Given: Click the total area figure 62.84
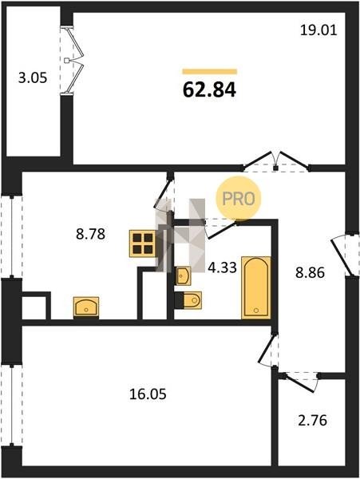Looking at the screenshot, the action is point(209,90).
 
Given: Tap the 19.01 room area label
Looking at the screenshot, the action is point(318,30).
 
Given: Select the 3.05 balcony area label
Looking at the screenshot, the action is point(33,78).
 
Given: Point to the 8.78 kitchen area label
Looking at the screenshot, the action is point(90,234).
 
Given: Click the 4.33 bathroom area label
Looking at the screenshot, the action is point(222,268).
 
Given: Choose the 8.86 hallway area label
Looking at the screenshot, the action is point(310,273).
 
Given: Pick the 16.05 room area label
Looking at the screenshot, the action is point(148,394).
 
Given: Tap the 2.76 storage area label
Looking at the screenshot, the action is point(312,421).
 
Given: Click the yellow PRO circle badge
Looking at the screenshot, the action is point(239,199).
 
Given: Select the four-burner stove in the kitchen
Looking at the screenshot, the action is point(143,243).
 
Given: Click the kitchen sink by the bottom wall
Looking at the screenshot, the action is point(86,307).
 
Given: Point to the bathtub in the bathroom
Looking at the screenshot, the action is point(256,287).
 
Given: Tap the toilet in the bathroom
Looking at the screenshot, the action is point(188,301).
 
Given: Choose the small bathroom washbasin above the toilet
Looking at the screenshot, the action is point(184,276).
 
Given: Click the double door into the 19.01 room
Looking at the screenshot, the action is point(276,162).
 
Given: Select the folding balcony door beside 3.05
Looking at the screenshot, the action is point(73,60).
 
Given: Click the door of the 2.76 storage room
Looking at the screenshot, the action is point(299,382).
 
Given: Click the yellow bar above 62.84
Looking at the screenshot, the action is point(210,72).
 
